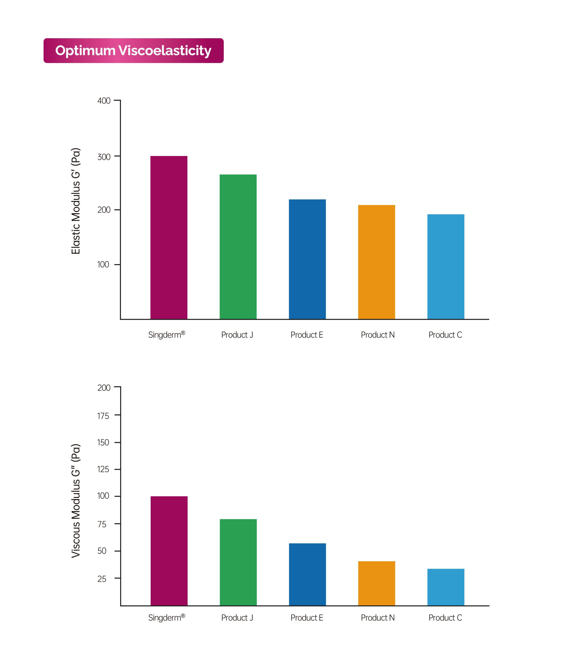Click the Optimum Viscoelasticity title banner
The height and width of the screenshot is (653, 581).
[134, 50]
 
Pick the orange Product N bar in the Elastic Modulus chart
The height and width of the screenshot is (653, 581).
[376, 262]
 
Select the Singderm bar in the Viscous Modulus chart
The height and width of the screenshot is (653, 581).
[169, 551]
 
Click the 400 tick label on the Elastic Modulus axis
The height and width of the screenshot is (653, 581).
[104, 101]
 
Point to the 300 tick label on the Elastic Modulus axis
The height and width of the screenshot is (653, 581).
[104, 157]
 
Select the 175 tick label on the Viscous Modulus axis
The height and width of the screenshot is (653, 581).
[103, 416]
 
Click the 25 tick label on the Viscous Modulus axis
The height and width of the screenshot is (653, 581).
[102, 579]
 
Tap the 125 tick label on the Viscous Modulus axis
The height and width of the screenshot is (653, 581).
[103, 469]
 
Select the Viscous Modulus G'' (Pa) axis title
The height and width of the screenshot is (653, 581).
[76, 501]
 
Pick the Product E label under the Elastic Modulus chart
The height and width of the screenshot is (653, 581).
[307, 335]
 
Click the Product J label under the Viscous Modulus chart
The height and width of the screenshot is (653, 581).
[237, 618]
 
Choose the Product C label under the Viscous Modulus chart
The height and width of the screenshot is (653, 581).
[445, 618]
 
